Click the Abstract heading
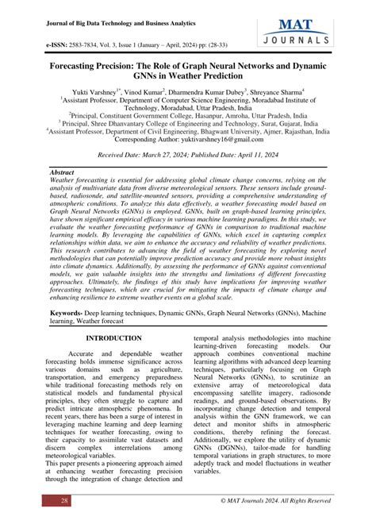(x=63, y=172)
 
